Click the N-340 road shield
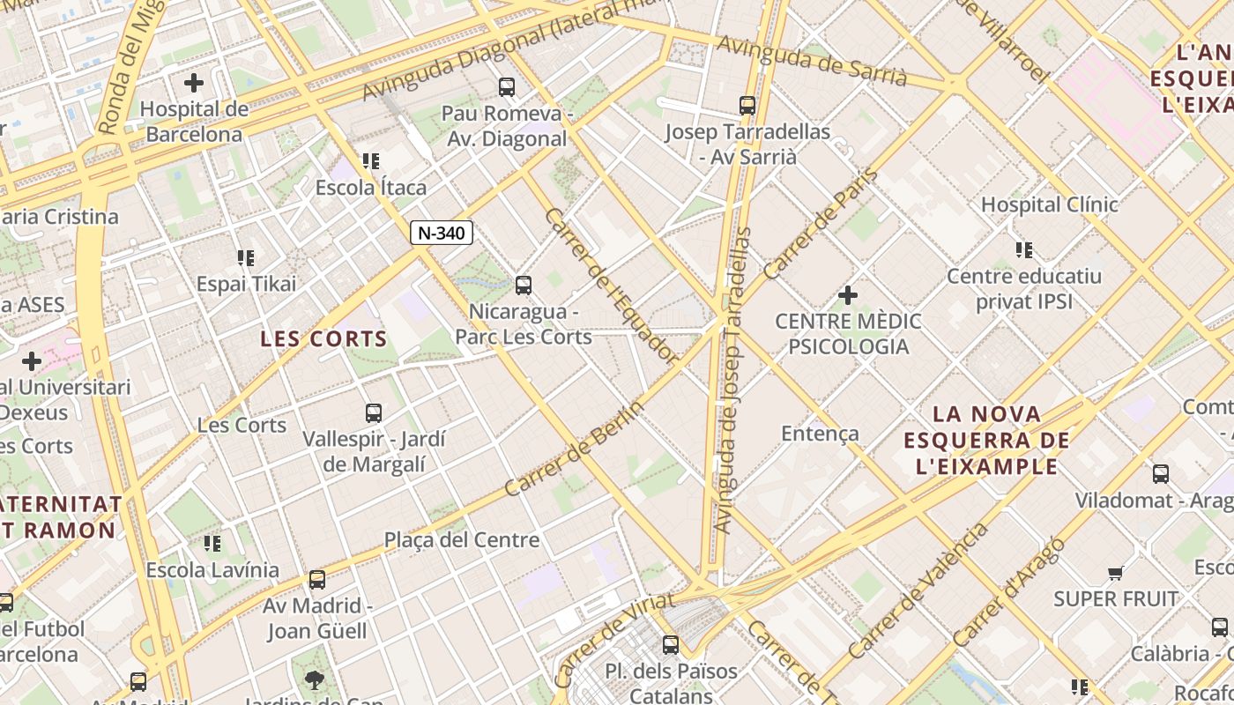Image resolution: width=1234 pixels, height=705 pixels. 442,233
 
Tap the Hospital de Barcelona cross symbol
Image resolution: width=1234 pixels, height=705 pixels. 194,83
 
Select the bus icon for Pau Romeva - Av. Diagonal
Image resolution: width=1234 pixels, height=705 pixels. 506,86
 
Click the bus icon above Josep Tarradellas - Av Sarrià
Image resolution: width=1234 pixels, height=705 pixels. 747,106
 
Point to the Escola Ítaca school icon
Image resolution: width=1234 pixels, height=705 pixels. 371,160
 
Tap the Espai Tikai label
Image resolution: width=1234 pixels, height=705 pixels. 246,284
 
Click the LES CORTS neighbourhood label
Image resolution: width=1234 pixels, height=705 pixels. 323,339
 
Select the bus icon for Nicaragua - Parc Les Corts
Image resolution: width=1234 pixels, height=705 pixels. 524,285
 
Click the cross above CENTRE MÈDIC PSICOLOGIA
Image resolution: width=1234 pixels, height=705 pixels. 848,294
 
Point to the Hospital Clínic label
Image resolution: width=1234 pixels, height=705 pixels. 1049,204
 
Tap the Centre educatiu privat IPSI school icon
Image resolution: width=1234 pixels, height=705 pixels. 1023,249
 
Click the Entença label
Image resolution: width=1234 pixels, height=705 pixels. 820,434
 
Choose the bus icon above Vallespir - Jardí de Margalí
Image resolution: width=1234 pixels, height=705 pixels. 374,412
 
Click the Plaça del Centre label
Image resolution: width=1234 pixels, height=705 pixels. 461,540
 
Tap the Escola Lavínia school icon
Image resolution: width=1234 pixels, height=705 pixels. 212,543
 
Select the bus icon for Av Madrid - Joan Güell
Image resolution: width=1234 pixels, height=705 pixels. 317,580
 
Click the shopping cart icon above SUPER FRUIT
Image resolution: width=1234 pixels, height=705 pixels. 1115,574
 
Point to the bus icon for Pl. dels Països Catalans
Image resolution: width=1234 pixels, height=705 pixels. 671,644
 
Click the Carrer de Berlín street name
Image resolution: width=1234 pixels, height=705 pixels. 574,449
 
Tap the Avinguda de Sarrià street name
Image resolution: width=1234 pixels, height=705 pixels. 811,61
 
